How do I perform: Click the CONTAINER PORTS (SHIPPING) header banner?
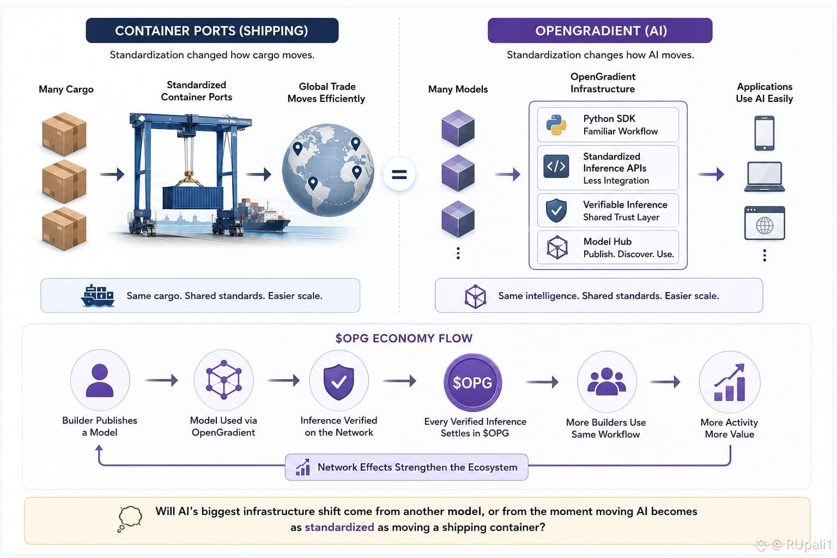[x=212, y=31]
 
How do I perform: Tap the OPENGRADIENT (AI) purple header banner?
[x=600, y=31]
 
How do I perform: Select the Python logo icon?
[x=556, y=125]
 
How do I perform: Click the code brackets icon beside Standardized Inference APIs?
[x=556, y=166]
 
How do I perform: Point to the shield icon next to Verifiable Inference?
[x=556, y=210]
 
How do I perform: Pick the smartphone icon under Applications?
[x=764, y=133]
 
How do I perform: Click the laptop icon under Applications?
[x=764, y=177]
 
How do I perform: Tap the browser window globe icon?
[x=765, y=223]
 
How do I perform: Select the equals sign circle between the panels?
[x=399, y=174]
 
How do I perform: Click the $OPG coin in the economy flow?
[x=472, y=383]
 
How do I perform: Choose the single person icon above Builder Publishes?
[x=100, y=380]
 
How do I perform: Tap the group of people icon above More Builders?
[x=606, y=381]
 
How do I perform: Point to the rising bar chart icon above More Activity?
[x=730, y=383]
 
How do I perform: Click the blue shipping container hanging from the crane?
[x=193, y=198]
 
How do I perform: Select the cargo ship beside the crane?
[x=263, y=216]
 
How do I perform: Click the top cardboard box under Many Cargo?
[x=64, y=134]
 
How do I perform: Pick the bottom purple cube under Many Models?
[x=458, y=219]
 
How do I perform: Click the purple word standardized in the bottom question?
[x=339, y=527]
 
